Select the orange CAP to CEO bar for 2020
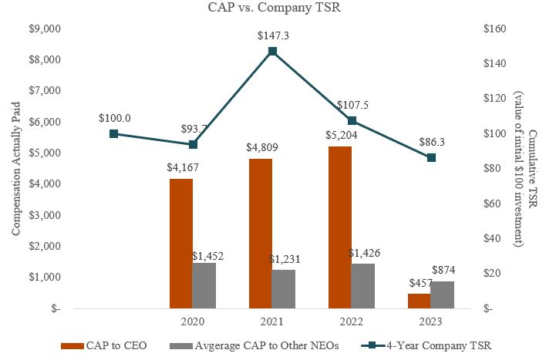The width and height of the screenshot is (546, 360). pos(182,244)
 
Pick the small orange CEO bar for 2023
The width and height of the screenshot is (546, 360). pos(420,301)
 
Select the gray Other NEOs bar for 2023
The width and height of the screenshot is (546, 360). pos(442,294)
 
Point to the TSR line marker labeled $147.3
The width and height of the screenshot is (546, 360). pos(272,51)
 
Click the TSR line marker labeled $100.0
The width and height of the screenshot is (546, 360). pos(114,133)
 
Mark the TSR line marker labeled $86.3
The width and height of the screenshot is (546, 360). pos(431,157)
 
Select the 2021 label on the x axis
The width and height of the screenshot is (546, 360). pos(272,320)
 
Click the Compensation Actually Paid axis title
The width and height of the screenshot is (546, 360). pos(15,169)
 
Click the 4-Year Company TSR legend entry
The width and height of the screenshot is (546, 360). pos(435,345)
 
